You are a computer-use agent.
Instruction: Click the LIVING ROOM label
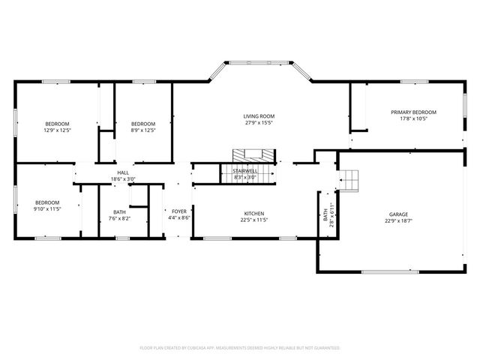[x=259, y=116]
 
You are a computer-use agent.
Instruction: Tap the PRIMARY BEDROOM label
[x=413, y=112]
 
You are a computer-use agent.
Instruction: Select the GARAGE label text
[x=398, y=213]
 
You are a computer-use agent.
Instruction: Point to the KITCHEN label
[x=254, y=213]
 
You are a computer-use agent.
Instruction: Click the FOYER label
[x=179, y=211]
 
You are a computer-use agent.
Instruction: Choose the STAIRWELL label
[x=245, y=171]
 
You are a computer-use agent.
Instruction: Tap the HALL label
[x=123, y=172]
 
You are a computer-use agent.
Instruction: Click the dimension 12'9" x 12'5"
[x=57, y=130]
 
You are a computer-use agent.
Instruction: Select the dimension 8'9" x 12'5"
[x=143, y=130]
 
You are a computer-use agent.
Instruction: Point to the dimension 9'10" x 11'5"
[x=46, y=208]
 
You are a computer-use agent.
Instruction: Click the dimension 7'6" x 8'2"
[x=120, y=219]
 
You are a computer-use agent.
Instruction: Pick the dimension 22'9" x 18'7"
[x=398, y=220]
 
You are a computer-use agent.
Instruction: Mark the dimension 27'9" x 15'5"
[x=259, y=123]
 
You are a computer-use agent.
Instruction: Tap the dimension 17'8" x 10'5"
[x=413, y=118]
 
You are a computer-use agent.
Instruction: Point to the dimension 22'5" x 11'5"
[x=254, y=220]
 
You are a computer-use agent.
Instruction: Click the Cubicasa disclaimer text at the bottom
[x=240, y=348]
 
